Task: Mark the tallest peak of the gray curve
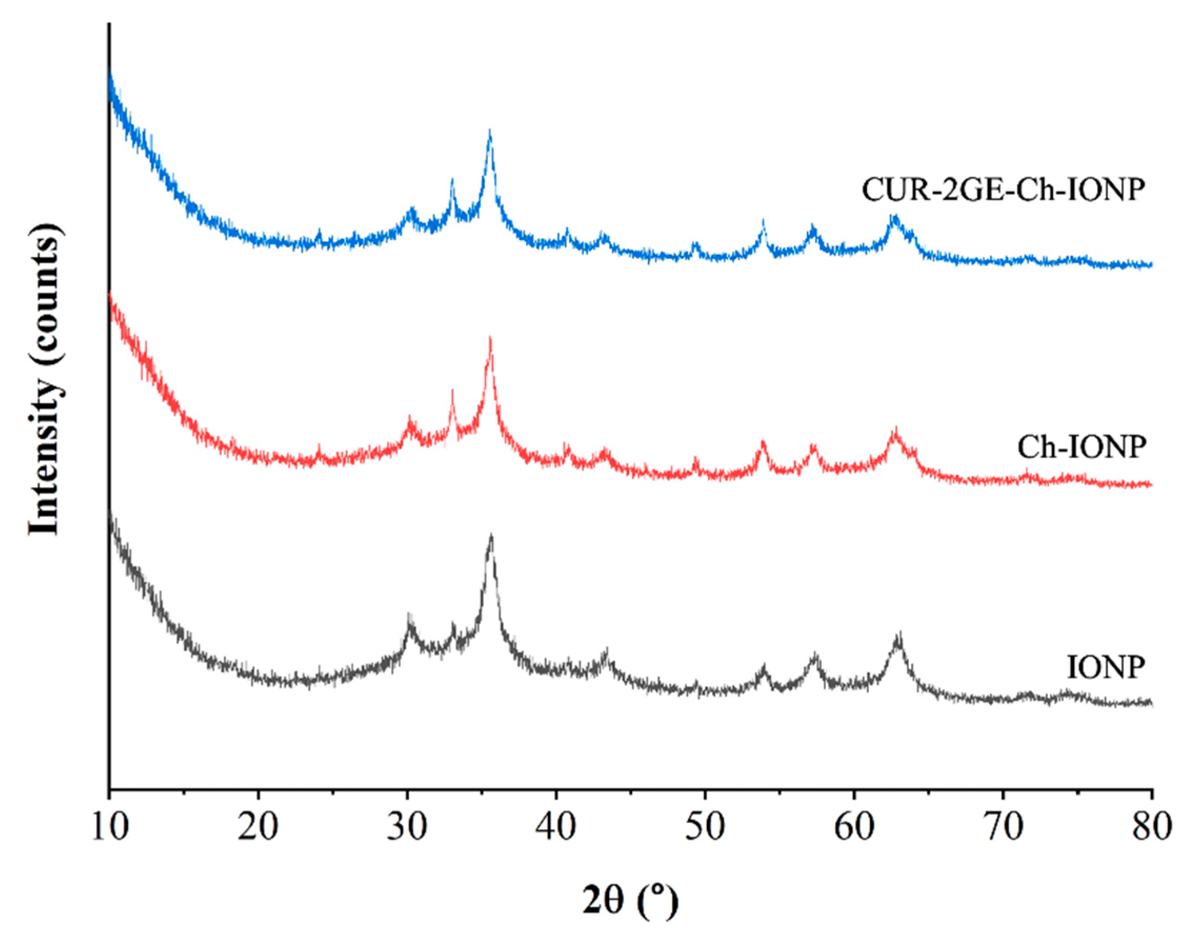pyautogui.click(x=491, y=537)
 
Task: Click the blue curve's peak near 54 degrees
pyautogui.click(x=763, y=222)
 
